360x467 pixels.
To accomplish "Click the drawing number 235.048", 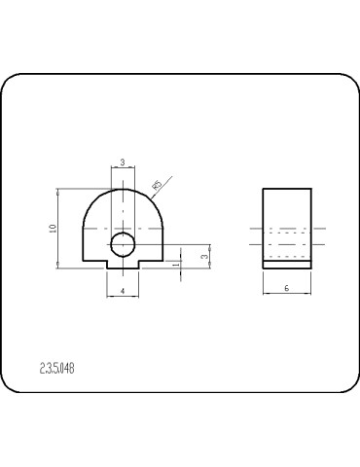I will click(x=57, y=368).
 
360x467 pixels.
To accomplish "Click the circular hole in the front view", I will click(x=123, y=243).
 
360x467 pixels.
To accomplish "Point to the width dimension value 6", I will click(x=287, y=289).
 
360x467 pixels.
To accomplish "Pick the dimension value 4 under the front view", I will click(x=123, y=291).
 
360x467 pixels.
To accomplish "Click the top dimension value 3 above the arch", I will click(x=123, y=162).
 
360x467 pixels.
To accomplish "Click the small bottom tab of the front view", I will click(x=123, y=265).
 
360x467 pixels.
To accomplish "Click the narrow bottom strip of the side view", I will click(x=287, y=263).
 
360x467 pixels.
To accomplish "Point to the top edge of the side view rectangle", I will click(x=287, y=188).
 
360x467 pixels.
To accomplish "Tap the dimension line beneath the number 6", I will click(x=287, y=295).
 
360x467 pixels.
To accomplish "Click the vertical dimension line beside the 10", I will click(x=59, y=228).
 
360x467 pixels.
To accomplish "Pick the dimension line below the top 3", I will click(x=123, y=167).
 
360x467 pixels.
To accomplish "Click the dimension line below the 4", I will click(x=123, y=297).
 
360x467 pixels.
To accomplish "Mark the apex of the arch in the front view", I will click(x=124, y=188).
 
